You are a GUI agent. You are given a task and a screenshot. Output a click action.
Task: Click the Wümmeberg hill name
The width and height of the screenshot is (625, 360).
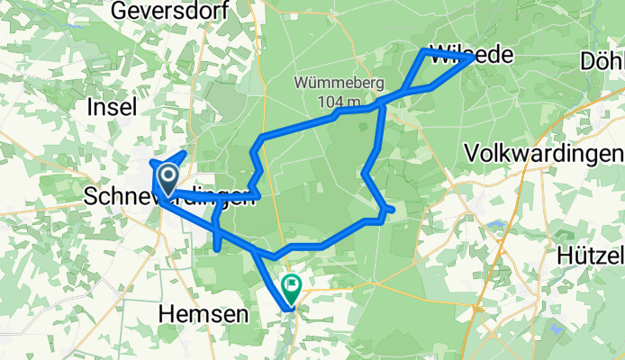pyautogui.click(x=339, y=83)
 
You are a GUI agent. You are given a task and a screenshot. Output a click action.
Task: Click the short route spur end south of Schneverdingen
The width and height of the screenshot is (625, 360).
pyautogui.click(x=218, y=249)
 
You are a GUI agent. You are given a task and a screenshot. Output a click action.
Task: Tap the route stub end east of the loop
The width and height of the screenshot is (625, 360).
pyautogui.click(x=394, y=211)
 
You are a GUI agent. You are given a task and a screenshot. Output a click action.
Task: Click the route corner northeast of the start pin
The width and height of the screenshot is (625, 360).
pyautogui.click(x=185, y=154)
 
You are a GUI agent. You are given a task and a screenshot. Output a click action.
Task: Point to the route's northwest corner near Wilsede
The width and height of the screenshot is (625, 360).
pyautogui.click(x=424, y=51)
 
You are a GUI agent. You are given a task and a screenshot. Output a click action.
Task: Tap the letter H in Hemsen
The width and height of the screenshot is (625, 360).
pyautogui.click(x=167, y=313)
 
